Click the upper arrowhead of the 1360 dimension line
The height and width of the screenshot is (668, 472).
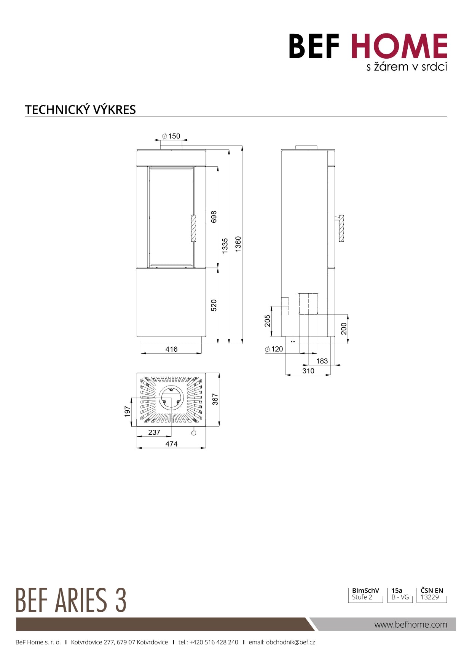(x=242, y=148)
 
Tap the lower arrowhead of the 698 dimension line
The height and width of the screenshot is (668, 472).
(x=218, y=265)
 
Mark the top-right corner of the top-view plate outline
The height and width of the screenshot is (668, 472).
(x=206, y=373)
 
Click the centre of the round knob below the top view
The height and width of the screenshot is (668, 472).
(x=193, y=433)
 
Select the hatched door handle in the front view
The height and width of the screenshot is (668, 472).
(x=193, y=228)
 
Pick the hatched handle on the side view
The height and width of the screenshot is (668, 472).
(x=341, y=228)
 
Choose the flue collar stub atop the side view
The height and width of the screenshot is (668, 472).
(x=306, y=148)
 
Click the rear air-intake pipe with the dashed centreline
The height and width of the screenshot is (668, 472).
(x=308, y=304)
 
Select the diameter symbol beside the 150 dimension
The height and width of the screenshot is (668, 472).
(x=164, y=136)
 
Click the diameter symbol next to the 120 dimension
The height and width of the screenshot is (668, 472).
(x=267, y=349)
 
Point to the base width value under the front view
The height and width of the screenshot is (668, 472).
(x=171, y=349)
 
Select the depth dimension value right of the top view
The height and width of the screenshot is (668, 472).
(x=215, y=399)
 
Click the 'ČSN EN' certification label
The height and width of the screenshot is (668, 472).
(x=432, y=590)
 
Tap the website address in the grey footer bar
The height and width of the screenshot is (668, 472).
(x=411, y=624)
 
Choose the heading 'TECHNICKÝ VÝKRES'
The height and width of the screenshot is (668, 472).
(x=80, y=110)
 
